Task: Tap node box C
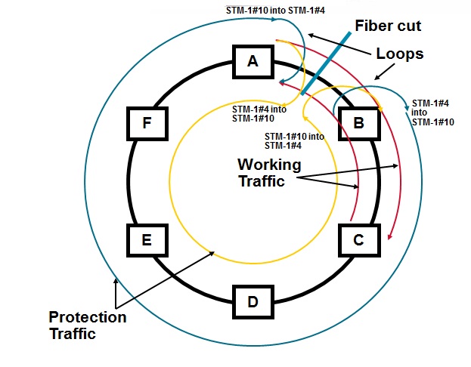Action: pos(359,240)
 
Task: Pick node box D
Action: pos(253,302)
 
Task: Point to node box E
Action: pos(147,240)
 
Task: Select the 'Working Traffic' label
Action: pos(269,173)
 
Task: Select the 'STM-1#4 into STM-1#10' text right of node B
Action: pos(432,112)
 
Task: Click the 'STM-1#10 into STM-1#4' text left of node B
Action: pos(294,141)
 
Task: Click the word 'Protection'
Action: pos(87,317)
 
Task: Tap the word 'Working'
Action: pos(269,165)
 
